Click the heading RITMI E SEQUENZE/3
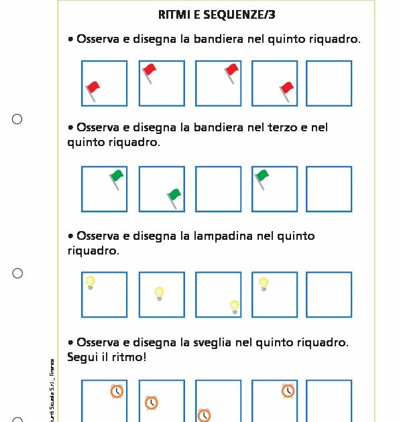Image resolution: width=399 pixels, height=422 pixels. [x=216, y=14]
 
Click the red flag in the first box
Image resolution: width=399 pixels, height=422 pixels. [x=93, y=88]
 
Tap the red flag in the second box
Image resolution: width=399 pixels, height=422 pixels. [x=149, y=70]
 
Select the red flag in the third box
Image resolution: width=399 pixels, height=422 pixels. [x=231, y=71]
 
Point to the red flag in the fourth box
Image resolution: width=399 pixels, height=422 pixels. [x=287, y=90]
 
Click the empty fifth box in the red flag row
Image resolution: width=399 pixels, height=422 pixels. [x=329, y=84]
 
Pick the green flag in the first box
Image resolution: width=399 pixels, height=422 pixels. [x=117, y=178]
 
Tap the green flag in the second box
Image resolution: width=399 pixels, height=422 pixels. [x=174, y=196]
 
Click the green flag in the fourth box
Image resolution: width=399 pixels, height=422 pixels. [x=262, y=178]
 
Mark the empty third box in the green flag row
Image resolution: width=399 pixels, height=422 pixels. [x=218, y=189]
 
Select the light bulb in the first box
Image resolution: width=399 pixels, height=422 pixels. [x=90, y=282]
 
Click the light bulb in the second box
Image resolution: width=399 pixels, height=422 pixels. [x=159, y=293]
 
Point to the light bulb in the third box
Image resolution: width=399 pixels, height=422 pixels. [x=234, y=306]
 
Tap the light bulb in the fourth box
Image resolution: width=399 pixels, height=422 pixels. [x=264, y=283]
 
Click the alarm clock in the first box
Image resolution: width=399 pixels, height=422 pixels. [x=117, y=391]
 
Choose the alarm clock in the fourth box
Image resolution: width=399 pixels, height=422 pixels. [x=288, y=391]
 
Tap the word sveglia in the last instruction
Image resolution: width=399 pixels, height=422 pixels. [x=233, y=343]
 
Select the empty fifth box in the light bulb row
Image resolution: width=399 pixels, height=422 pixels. [x=329, y=294]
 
